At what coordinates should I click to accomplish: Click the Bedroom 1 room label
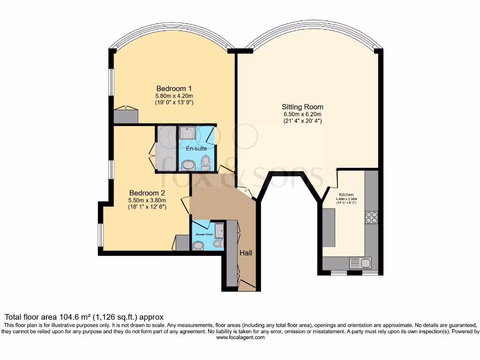[x=174, y=89]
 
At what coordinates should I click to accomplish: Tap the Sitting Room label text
[x=302, y=107]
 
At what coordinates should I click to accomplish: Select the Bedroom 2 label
[x=147, y=193]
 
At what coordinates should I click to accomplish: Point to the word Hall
[x=246, y=253]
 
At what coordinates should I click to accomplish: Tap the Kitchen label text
[x=347, y=194]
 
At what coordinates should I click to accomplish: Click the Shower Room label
[x=204, y=234]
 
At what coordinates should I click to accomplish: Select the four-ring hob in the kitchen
[x=371, y=217]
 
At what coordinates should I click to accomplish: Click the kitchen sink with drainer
[x=360, y=263]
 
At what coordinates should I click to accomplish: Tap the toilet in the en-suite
[x=205, y=163]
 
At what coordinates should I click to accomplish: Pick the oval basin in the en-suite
[x=189, y=165]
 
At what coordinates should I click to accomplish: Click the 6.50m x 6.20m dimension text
[x=302, y=114]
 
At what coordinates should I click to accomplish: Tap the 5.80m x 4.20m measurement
[x=174, y=96]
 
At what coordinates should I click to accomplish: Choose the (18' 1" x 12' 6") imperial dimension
[x=147, y=207]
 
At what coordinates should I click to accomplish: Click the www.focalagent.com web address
[x=240, y=337]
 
